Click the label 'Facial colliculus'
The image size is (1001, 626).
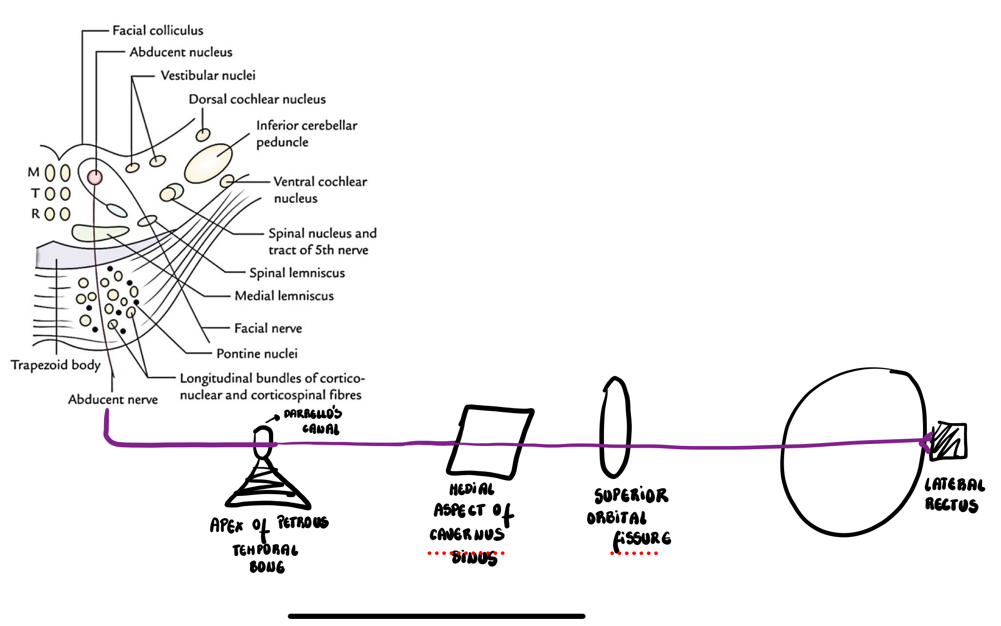[x=157, y=31]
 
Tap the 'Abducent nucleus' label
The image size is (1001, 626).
[x=181, y=52]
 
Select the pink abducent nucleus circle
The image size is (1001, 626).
[x=95, y=177]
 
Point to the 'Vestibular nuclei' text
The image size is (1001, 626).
[x=208, y=76]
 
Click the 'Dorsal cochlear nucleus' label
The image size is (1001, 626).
[x=257, y=99]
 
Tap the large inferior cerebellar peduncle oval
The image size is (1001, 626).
[x=208, y=163]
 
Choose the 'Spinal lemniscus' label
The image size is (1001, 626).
[x=297, y=273]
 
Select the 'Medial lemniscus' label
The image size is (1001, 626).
[x=284, y=296]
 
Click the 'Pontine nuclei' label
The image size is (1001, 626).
[x=257, y=354]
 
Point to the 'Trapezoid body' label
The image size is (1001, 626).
[x=56, y=365]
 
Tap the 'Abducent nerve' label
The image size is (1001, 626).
[x=112, y=400]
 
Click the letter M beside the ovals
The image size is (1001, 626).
[x=34, y=172]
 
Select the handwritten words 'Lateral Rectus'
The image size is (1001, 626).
[x=954, y=495]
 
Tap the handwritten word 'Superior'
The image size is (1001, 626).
[x=631, y=495]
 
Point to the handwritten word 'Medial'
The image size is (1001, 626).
[x=472, y=489]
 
